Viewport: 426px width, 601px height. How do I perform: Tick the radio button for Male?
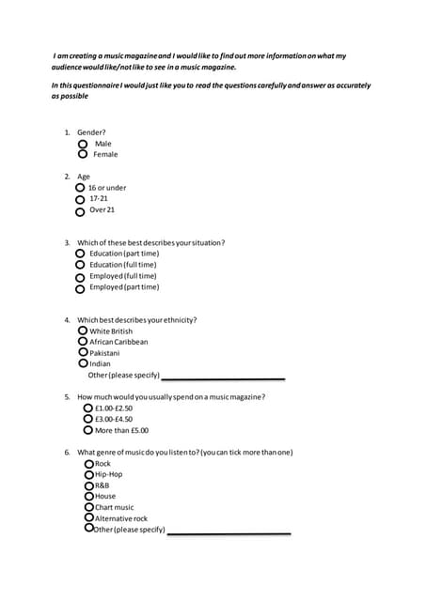pos(83,145)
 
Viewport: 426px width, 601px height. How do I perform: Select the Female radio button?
pos(83,155)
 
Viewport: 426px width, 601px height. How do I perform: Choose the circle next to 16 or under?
pos(80,188)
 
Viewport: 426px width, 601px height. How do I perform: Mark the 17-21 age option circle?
pos(80,199)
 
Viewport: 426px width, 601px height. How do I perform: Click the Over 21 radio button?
pos(80,211)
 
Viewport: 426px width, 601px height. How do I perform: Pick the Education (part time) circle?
pos(80,254)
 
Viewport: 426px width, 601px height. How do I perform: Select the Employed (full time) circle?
pos(80,277)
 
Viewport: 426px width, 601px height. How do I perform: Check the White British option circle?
pos(83,331)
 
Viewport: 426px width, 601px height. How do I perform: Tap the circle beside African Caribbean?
pos(83,342)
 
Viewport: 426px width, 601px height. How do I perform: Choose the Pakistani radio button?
pos(83,352)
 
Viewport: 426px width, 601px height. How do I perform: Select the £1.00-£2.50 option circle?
pos(87,408)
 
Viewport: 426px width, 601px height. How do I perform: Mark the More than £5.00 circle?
pos(87,430)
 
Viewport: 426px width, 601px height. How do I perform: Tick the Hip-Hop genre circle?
pos(88,474)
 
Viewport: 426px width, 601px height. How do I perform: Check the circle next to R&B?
pos(88,485)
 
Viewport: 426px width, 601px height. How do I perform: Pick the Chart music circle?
pos(88,507)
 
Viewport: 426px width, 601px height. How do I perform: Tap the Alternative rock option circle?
pos(88,517)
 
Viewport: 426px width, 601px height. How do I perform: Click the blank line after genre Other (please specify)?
pos(229,532)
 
